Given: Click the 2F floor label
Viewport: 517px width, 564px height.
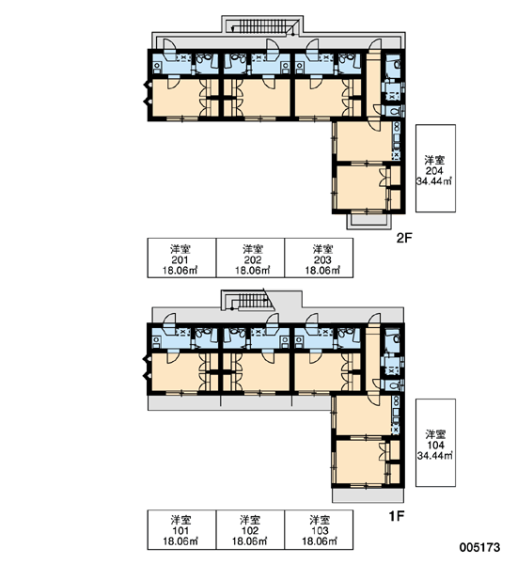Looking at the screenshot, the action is pyautogui.click(x=404, y=238).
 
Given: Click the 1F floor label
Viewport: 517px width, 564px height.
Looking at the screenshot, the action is pyautogui.click(x=397, y=516).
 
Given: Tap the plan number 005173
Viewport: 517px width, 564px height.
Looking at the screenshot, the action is pyautogui.click(x=479, y=547).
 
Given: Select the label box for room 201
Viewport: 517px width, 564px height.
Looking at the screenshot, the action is pyautogui.click(x=181, y=258).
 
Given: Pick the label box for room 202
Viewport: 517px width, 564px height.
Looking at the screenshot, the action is pyautogui.click(x=250, y=258).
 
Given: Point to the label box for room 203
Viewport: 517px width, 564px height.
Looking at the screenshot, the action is pyautogui.click(x=319, y=258).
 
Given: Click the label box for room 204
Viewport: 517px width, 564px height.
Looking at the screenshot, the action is pyautogui.click(x=436, y=168).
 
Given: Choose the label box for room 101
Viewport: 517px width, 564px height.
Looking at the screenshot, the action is pyautogui.click(x=181, y=529).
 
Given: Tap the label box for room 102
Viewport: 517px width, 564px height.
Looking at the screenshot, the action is pyautogui.click(x=250, y=529).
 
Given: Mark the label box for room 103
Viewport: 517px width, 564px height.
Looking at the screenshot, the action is pyautogui.click(x=319, y=529).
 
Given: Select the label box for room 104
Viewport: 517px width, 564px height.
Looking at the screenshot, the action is pyautogui.click(x=436, y=443).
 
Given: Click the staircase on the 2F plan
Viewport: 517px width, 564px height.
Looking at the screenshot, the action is pyautogui.click(x=262, y=26).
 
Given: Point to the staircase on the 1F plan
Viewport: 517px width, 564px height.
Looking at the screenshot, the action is pyautogui.click(x=249, y=302).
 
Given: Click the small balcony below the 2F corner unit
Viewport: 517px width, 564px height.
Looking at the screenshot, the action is pyautogui.click(x=368, y=221).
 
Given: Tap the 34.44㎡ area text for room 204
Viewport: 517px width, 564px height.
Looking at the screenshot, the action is pyautogui.click(x=434, y=180).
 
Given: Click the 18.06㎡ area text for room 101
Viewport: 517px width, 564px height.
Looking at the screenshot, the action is pyautogui.click(x=180, y=540).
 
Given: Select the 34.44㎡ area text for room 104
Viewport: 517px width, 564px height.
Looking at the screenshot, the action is pyautogui.click(x=435, y=455).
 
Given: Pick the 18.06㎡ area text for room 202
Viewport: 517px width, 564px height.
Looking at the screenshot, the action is pyautogui.click(x=253, y=270).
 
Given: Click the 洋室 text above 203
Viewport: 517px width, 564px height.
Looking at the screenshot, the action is pyautogui.click(x=322, y=249).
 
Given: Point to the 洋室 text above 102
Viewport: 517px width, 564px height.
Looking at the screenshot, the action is pyautogui.click(x=250, y=520).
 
